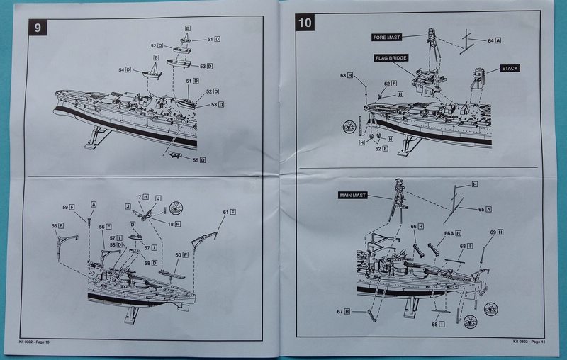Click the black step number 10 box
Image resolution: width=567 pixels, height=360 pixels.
tap(305, 22)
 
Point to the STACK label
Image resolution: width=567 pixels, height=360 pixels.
tap(510, 69)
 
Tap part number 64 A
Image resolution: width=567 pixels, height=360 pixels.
tap(494, 41)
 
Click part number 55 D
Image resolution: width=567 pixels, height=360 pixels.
tap(199, 160)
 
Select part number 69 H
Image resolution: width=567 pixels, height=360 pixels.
tap(496, 232)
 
